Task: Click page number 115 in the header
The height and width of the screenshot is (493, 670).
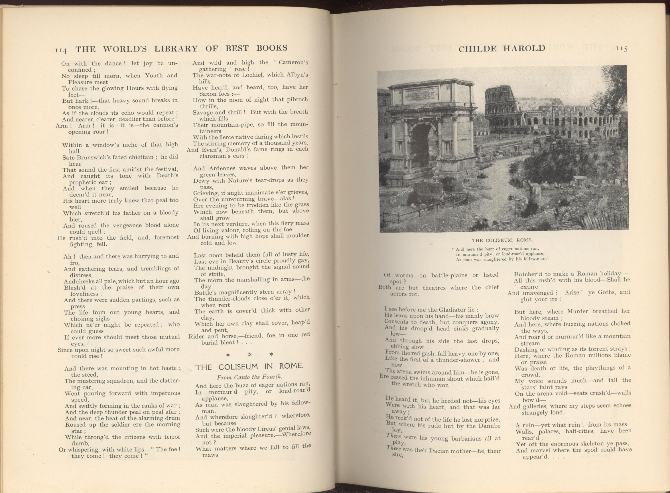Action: click(x=622, y=49)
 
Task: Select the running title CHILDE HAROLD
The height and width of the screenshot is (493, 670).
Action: click(x=502, y=48)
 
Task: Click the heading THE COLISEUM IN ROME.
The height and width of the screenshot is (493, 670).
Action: click(x=249, y=367)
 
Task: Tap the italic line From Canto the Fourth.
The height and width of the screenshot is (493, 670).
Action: click(x=249, y=377)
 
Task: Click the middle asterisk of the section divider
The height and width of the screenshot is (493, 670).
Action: click(x=249, y=355)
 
